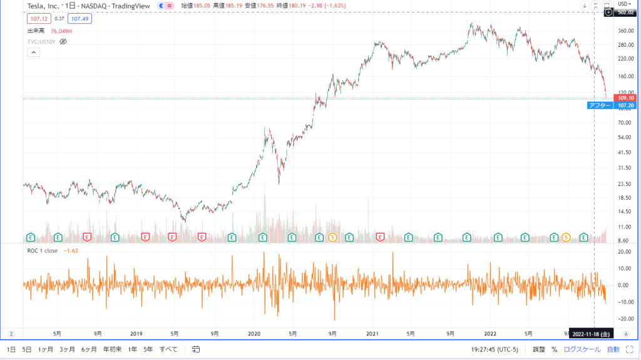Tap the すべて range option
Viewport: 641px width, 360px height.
point(168,349)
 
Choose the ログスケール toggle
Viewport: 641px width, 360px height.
point(582,349)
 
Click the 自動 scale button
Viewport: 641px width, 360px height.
point(613,349)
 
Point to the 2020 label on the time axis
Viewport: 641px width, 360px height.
point(254,332)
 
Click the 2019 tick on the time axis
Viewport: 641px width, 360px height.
point(136,332)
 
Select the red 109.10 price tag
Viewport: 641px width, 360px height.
point(626,98)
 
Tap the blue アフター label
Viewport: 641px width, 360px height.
point(599,105)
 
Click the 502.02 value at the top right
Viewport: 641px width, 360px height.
point(626,12)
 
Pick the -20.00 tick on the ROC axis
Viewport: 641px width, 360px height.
point(625,319)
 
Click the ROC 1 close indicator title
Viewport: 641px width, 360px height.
point(43,251)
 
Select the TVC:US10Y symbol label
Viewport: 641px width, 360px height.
point(41,41)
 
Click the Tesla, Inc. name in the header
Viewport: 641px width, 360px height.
point(45,6)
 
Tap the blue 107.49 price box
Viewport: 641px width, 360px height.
point(80,19)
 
